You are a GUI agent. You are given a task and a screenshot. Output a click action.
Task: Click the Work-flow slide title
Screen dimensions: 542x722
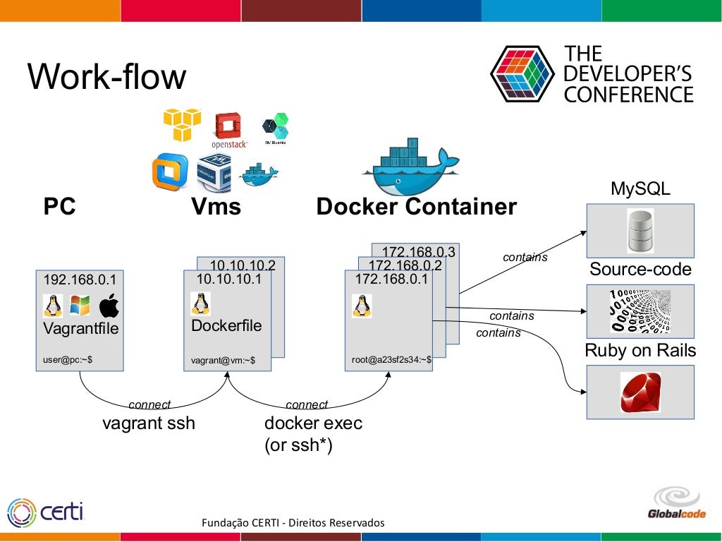pos(107,77)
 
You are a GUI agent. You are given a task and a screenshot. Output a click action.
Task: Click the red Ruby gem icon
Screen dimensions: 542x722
pos(640,392)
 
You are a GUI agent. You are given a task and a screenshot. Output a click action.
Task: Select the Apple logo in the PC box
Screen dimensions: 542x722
pos(109,306)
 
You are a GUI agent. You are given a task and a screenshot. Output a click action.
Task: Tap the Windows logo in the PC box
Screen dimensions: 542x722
pos(80,306)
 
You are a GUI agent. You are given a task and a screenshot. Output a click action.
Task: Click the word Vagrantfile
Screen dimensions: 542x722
pos(80,329)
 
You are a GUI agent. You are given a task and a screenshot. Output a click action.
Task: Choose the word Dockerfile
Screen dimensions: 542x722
pos(226,326)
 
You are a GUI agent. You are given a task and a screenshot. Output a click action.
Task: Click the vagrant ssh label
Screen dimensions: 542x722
pos(149,424)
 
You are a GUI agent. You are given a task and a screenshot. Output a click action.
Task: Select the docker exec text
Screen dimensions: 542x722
pos(313,424)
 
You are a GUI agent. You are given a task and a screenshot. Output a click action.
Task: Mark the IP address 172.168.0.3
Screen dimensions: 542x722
pos(418,252)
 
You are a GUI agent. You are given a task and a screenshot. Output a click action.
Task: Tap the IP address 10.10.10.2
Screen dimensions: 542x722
pos(243,265)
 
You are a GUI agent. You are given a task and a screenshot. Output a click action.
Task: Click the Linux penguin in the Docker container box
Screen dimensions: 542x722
pos(362,306)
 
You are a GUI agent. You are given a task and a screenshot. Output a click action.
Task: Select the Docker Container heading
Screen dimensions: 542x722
pos(416,207)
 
